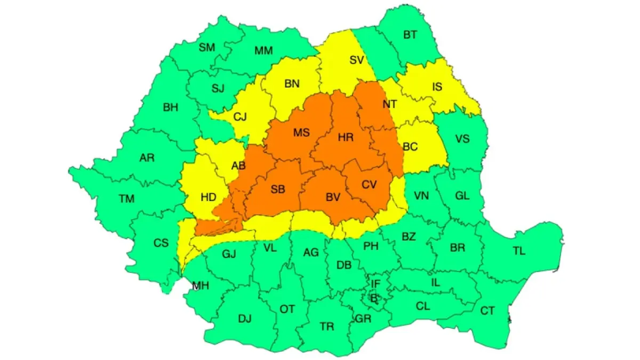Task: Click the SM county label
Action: click(207, 47)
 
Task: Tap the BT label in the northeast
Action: click(410, 35)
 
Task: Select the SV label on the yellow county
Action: click(356, 60)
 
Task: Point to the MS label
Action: click(301, 133)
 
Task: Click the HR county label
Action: click(346, 138)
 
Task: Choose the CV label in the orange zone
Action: click(369, 185)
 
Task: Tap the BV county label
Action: click(333, 197)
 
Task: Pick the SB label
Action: click(277, 189)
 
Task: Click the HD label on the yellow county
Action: click(209, 197)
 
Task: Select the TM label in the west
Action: click(127, 199)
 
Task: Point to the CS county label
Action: click(161, 243)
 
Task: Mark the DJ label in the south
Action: click(244, 319)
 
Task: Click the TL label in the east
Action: click(519, 252)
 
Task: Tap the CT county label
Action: click(487, 310)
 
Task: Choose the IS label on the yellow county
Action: click(437, 87)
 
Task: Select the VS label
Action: click(462, 139)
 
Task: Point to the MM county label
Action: click(263, 51)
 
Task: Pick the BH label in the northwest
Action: click(171, 108)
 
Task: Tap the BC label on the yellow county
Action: click(410, 147)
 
